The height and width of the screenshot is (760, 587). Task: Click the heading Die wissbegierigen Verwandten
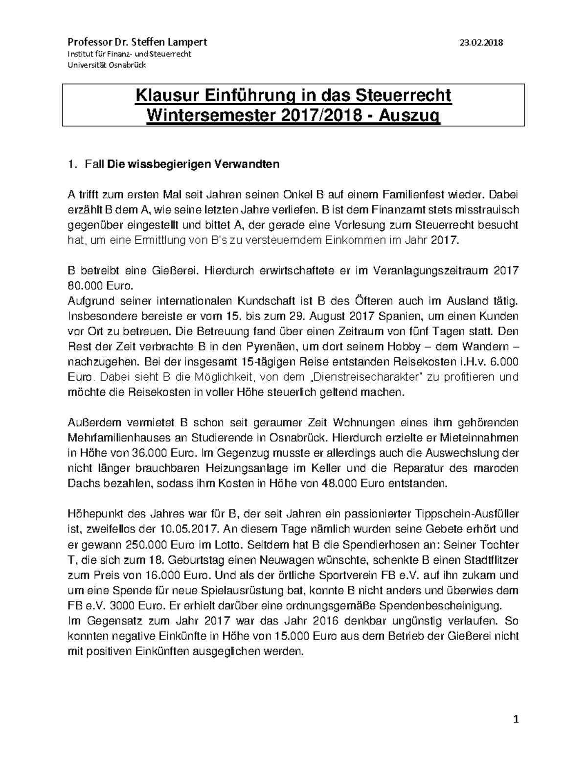pyautogui.click(x=193, y=164)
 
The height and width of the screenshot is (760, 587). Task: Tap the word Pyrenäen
pyautogui.click(x=278, y=346)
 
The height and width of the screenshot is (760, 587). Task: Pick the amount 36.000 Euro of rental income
pyautogui.click(x=165, y=453)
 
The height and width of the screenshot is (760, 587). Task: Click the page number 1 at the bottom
pyautogui.click(x=515, y=719)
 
